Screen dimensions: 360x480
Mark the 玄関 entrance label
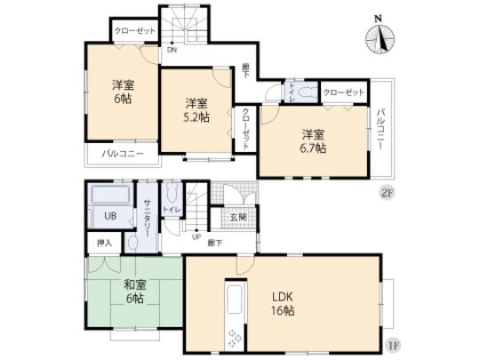[237, 216]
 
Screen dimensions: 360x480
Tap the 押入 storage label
[105, 243]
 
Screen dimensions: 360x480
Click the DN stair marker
[169, 51]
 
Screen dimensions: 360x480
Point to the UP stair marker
[196, 236]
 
